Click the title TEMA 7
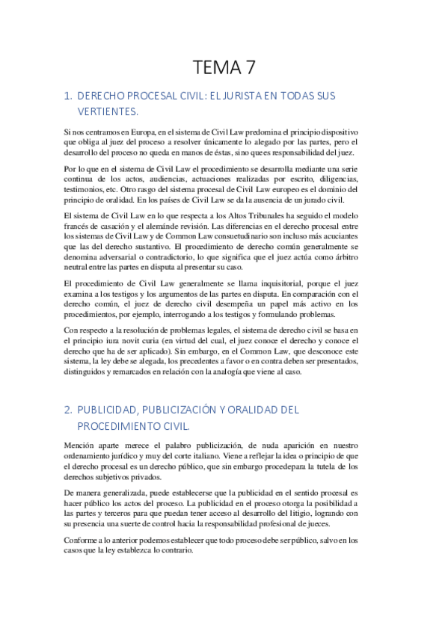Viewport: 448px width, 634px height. (x=224, y=68)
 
